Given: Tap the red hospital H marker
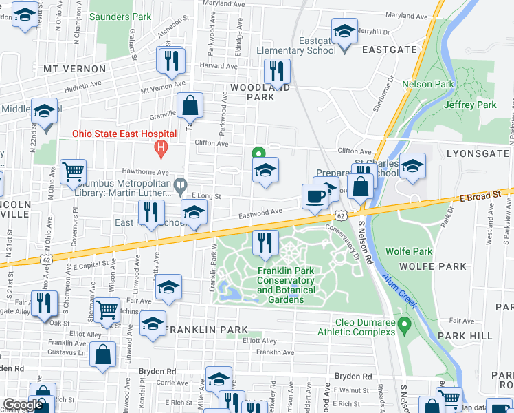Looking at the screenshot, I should coord(161,147).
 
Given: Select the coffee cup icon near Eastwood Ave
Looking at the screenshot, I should coord(315,195).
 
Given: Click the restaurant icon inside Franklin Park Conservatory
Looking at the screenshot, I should coord(261,242).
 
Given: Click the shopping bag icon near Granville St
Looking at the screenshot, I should coord(190,105).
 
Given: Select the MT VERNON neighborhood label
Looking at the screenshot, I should coord(74,69).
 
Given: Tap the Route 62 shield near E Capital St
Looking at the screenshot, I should coord(46,260).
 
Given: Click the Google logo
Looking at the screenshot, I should coord(23,405).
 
